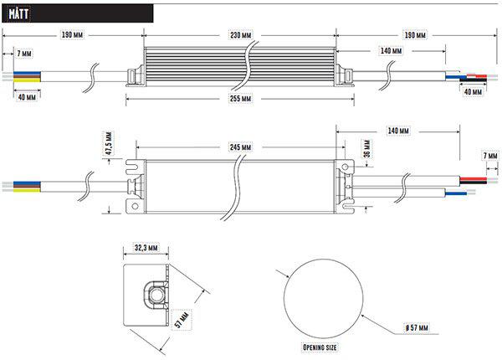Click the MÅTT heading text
coord(18,13)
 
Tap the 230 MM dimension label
coord(241,34)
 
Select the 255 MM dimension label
coord(240,98)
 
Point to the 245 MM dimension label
coord(240,147)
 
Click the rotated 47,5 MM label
coord(109,143)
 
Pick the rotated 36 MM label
coord(367,149)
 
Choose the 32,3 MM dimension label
coord(146,248)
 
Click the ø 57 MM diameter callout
coord(417,327)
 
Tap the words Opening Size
coord(320,347)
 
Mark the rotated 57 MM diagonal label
coord(182,320)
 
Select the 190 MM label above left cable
coord(72,34)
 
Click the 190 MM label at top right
coord(415,34)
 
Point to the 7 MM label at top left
coord(24,54)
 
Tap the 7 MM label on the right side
coord(490,156)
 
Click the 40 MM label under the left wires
coord(27,97)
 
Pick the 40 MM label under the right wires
coord(473,91)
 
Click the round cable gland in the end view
coord(157,295)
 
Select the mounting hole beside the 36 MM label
coord(345,167)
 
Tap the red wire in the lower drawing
coord(474,178)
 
